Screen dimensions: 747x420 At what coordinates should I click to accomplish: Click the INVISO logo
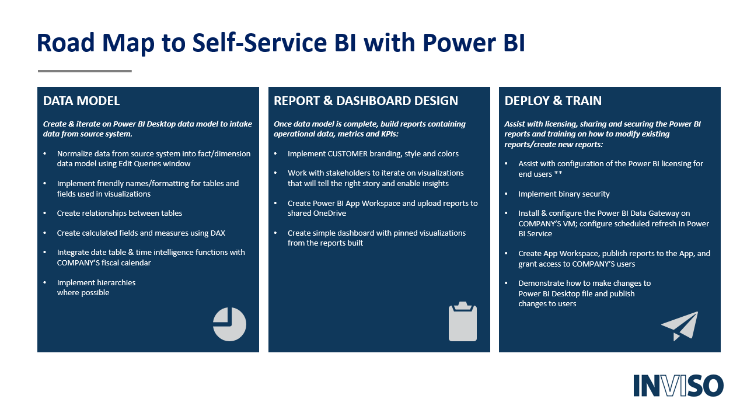click(678, 386)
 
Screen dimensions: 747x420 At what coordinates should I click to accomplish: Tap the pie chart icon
click(229, 324)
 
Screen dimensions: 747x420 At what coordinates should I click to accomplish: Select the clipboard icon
click(463, 321)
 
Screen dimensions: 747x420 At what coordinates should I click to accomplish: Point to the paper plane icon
click(680, 326)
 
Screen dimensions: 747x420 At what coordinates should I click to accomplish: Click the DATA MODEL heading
click(81, 101)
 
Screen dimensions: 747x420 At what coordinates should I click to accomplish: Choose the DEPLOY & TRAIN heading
click(553, 101)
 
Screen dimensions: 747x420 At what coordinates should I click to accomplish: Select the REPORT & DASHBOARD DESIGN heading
click(366, 101)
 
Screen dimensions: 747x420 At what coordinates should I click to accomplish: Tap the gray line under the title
click(85, 71)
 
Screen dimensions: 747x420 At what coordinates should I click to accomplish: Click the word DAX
click(218, 233)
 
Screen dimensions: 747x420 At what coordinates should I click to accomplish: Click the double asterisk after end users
click(558, 173)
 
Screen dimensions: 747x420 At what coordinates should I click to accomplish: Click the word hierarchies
click(116, 283)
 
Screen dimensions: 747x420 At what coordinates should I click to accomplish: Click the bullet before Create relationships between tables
click(45, 213)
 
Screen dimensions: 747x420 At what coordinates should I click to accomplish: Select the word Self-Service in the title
click(260, 43)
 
